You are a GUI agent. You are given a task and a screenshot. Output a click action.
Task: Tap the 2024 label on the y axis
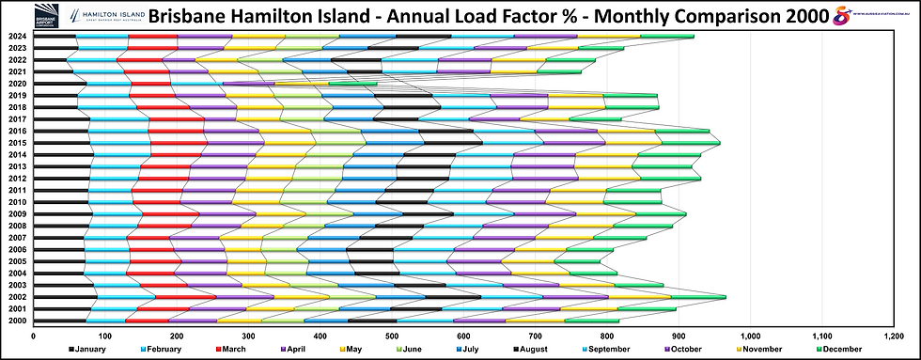[x=16, y=37]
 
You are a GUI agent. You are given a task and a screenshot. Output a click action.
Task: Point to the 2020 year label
[x=16, y=84]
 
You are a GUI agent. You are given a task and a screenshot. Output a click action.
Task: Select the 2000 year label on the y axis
[x=16, y=321]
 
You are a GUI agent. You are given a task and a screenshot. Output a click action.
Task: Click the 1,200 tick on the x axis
[x=894, y=334]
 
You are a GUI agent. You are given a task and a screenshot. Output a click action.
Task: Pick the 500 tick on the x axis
[x=391, y=334]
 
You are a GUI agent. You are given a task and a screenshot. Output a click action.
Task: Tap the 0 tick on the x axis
[x=33, y=334]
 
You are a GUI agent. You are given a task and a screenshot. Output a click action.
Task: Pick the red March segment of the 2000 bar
[x=148, y=321]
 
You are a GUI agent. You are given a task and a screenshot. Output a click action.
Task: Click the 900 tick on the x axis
[x=679, y=334]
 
